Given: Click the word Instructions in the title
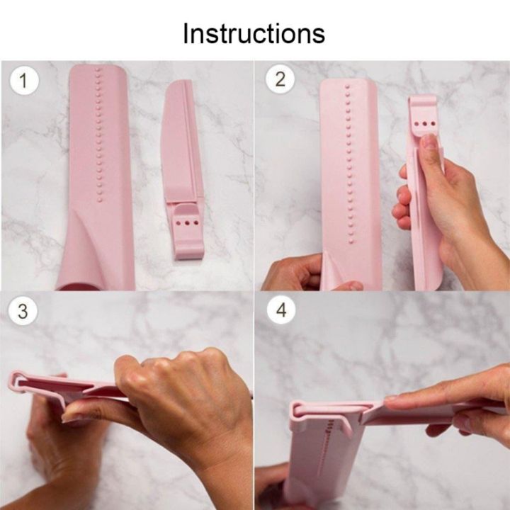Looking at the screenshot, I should [254, 33].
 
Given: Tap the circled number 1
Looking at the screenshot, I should [24, 81].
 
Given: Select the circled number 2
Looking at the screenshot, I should [280, 79].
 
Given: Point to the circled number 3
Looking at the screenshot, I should [23, 312].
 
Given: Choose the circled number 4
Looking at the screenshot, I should [280, 312].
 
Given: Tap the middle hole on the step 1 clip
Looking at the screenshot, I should [186, 222].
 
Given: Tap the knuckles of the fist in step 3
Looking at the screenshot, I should [170, 365].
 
